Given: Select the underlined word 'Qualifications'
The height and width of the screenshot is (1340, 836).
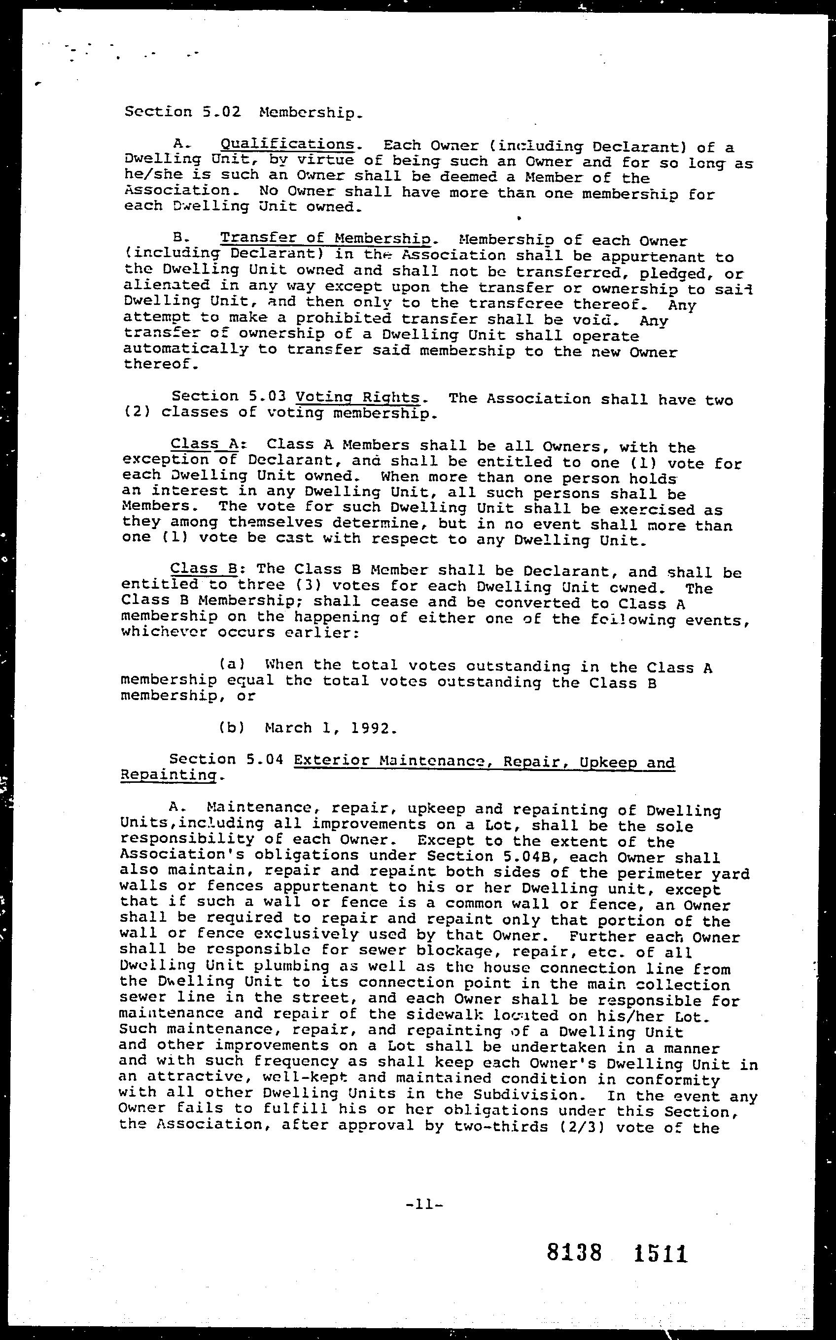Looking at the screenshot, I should [287, 145].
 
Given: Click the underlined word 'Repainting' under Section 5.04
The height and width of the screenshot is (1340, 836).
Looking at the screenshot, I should [168, 775].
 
